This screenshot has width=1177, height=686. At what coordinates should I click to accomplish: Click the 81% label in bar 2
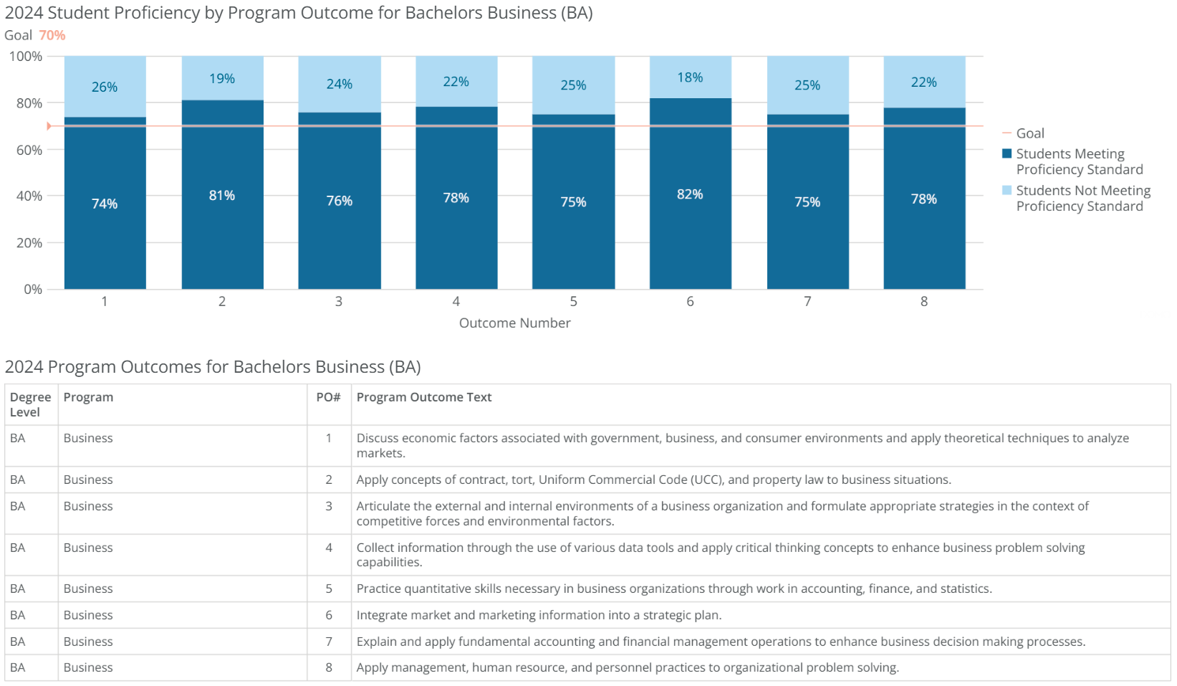click(x=222, y=195)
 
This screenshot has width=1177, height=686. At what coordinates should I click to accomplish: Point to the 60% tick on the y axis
click(x=29, y=150)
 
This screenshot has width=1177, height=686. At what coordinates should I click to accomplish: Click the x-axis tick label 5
click(x=573, y=302)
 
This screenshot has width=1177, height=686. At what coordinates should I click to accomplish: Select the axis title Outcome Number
click(x=514, y=323)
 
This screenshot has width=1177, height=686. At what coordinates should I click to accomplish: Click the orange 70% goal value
click(x=52, y=35)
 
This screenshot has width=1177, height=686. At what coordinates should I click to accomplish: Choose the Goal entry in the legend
click(x=1029, y=133)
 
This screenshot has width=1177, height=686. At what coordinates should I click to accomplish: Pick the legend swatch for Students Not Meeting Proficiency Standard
click(x=1007, y=191)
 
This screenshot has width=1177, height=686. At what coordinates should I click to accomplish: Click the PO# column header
click(x=328, y=397)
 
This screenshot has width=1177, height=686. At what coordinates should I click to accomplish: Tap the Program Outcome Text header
click(x=424, y=397)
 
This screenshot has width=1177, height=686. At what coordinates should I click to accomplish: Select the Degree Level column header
click(x=30, y=404)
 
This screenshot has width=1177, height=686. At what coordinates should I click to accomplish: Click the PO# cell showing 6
click(x=329, y=615)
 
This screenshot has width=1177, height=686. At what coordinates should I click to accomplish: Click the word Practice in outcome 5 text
click(x=378, y=589)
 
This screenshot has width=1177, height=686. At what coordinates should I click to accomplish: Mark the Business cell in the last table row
click(x=88, y=667)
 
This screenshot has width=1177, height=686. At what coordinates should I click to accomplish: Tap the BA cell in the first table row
click(x=18, y=438)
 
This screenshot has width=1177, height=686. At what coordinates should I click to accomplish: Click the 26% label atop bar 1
click(x=105, y=87)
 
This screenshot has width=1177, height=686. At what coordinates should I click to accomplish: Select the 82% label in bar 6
click(x=690, y=194)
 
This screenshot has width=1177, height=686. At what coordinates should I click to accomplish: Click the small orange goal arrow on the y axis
click(x=49, y=126)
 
